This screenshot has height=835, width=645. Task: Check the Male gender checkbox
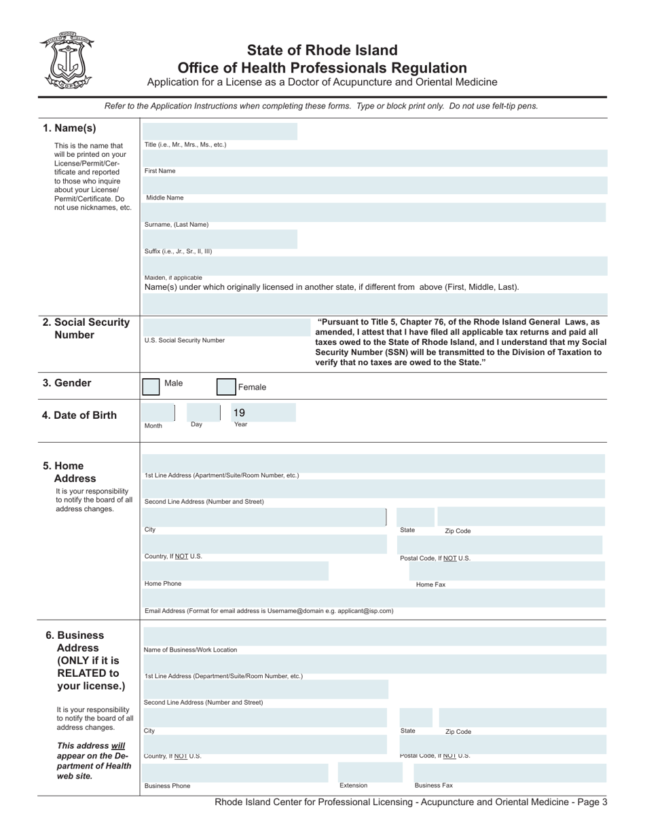click(x=151, y=387)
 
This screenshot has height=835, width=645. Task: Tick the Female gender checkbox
click(x=225, y=387)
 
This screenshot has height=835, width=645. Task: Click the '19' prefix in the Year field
click(x=239, y=412)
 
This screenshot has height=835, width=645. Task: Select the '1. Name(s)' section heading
click(x=69, y=128)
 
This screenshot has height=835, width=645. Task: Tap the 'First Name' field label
click(x=160, y=171)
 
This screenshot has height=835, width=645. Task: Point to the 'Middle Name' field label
click(x=165, y=198)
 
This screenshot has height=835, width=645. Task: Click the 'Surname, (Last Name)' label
click(x=177, y=225)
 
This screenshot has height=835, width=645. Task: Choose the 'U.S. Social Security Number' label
click(x=184, y=340)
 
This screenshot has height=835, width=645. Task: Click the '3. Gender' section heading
click(x=67, y=383)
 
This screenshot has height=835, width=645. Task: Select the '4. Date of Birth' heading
click(x=79, y=415)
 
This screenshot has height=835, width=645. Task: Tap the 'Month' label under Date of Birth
click(x=153, y=426)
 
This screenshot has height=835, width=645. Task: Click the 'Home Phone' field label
click(x=163, y=584)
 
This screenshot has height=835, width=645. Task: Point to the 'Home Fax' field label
click(x=430, y=584)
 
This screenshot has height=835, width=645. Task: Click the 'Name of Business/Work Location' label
click(x=190, y=650)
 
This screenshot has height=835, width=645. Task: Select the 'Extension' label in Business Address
click(x=353, y=785)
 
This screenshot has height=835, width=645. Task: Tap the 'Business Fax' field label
click(x=433, y=785)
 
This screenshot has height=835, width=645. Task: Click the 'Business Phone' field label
click(x=167, y=786)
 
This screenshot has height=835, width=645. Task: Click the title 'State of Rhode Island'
click(x=322, y=50)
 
